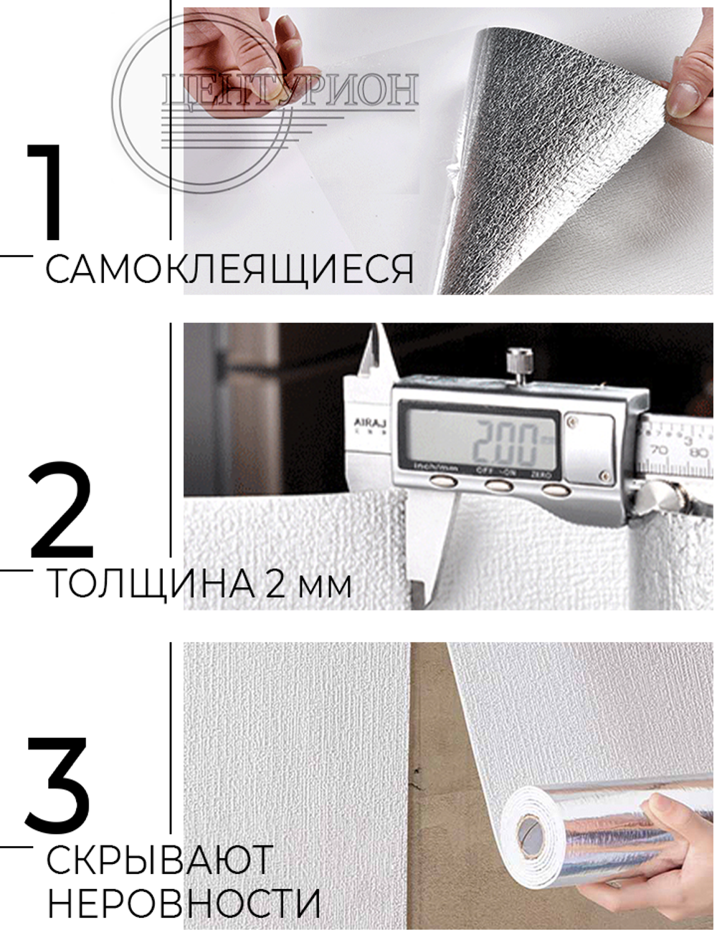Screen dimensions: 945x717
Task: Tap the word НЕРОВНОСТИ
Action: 184,903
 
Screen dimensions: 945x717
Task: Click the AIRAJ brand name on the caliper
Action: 368,423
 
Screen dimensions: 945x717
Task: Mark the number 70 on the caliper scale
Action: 660,450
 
